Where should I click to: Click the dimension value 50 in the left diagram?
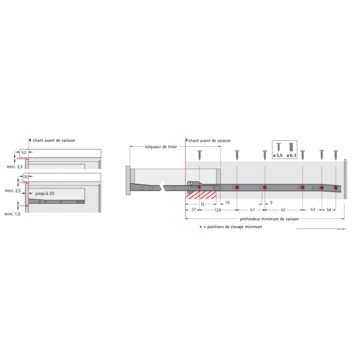[x=23, y=152]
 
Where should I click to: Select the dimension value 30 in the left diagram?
[x=25, y=177]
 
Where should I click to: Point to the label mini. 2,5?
[x=13, y=191]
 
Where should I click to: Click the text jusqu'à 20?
[x=45, y=194]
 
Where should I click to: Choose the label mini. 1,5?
[x=13, y=213]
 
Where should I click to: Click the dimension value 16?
[x=227, y=203]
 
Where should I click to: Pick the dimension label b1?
[x=252, y=210]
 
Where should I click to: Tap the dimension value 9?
[x=270, y=203]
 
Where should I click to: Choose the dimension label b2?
[x=283, y=210]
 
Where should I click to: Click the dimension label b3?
[x=312, y=210]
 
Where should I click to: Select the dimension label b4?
[x=329, y=210]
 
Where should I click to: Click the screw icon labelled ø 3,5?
[x=278, y=147]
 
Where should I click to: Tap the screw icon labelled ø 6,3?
[x=291, y=147]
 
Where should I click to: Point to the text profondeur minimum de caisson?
[x=264, y=219]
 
